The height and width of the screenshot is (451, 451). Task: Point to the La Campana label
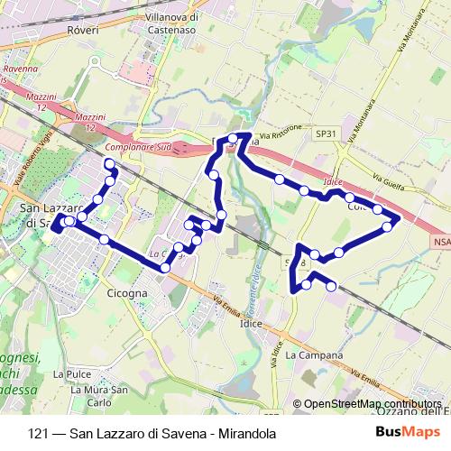314,355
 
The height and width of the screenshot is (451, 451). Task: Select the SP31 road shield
326,133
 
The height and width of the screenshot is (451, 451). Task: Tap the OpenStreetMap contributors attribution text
372,404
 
